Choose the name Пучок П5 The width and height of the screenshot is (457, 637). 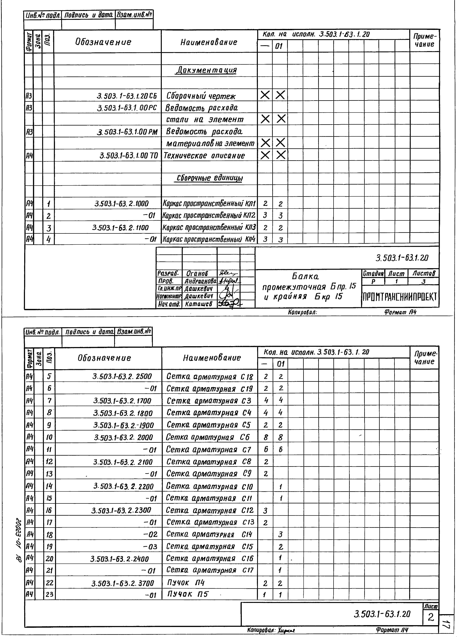pos(188,594)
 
